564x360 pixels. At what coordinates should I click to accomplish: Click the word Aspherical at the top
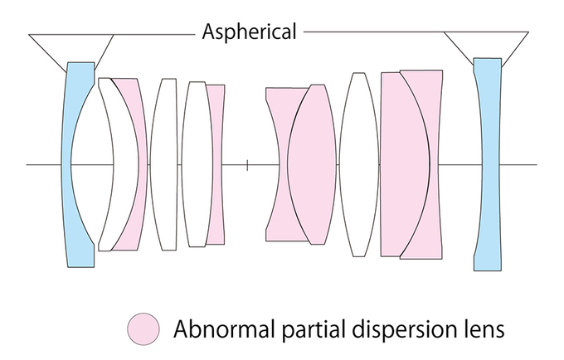[x=249, y=32]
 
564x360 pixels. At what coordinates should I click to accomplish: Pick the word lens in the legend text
[x=481, y=329]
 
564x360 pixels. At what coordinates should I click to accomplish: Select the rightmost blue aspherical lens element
[x=488, y=164]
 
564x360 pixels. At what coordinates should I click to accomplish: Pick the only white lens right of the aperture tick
[x=359, y=164]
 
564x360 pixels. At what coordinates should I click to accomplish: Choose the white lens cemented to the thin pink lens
[x=197, y=164]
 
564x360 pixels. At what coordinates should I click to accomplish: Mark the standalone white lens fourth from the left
[x=168, y=164]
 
